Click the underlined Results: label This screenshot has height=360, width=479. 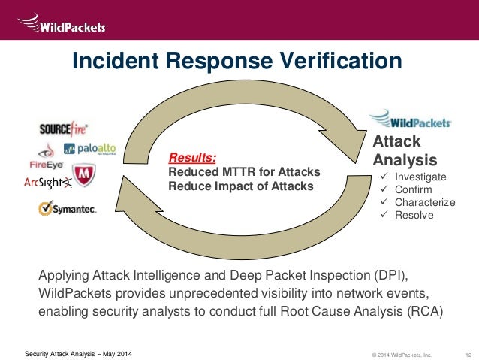click(x=192, y=158)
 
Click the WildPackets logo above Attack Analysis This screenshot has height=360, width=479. click(x=410, y=119)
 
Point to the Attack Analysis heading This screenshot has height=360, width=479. click(x=405, y=150)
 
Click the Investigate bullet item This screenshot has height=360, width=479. click(x=420, y=177)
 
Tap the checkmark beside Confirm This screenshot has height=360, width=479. click(x=384, y=189)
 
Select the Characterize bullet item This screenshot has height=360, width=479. click(x=424, y=202)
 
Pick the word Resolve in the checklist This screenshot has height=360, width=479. click(x=414, y=215)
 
